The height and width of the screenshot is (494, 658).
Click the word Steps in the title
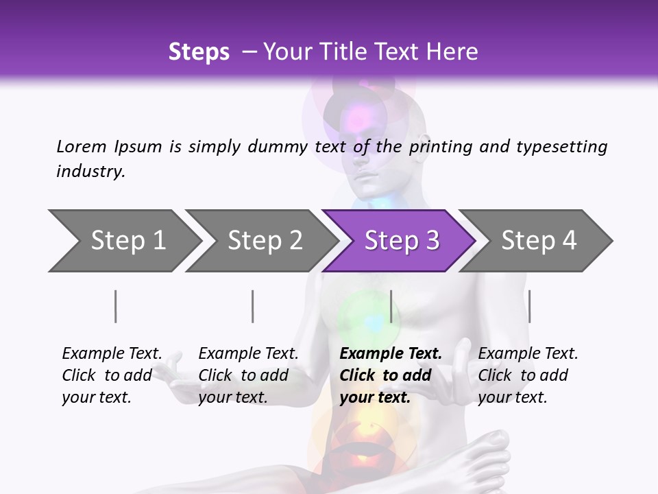(x=199, y=52)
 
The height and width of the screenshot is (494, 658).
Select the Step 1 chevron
(x=123, y=241)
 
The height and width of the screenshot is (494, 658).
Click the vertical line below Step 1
(x=116, y=306)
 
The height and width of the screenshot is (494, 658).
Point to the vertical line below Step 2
(x=253, y=306)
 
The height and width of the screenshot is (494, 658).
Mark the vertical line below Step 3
(x=391, y=306)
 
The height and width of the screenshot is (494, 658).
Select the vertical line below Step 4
(x=529, y=306)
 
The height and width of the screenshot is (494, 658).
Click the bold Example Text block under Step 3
(x=391, y=375)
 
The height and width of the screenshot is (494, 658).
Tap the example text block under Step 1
(x=112, y=375)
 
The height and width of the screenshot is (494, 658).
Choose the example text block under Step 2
(x=248, y=375)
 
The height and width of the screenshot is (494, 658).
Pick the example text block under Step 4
(x=528, y=375)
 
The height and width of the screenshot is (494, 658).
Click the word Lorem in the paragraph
(x=81, y=146)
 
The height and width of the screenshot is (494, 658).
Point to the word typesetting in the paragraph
(x=562, y=146)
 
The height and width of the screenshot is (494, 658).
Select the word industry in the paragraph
(x=90, y=171)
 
